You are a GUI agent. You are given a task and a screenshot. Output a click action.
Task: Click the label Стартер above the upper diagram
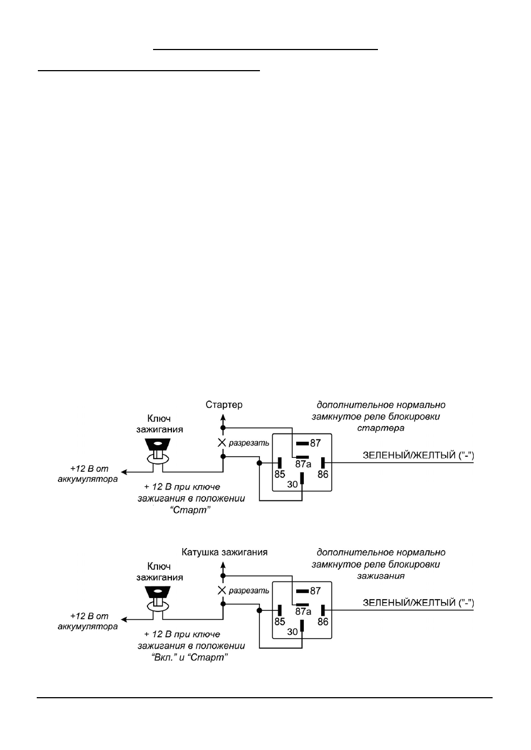[224, 404]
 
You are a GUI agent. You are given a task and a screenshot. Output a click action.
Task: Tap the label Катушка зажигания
[224, 552]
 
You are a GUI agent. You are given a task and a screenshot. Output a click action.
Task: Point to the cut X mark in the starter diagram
[222, 443]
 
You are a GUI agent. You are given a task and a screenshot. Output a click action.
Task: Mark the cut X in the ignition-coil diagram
[222, 590]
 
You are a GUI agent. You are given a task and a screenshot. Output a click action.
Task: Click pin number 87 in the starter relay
[315, 443]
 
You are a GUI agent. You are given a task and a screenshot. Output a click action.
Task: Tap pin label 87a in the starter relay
[303, 464]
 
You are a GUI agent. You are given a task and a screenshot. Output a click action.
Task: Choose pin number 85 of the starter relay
[280, 474]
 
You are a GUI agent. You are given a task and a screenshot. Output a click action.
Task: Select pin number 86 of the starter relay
[323, 474]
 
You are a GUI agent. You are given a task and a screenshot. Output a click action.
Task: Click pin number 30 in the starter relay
[292, 484]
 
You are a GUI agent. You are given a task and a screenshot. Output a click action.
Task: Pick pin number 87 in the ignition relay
[315, 591]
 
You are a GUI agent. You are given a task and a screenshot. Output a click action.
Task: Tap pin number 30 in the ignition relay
[292, 632]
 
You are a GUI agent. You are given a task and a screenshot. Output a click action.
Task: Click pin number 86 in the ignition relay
[323, 622]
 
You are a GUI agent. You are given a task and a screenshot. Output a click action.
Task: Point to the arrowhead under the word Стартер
[223, 417]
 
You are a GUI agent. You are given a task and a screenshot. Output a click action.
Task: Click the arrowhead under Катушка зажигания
[223, 565]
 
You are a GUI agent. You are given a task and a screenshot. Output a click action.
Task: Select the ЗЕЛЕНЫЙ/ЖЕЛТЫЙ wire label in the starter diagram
[419, 455]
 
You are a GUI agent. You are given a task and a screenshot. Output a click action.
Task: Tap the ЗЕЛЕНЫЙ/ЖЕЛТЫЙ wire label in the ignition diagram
[419, 603]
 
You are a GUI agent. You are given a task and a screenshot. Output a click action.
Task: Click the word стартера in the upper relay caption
[381, 428]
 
